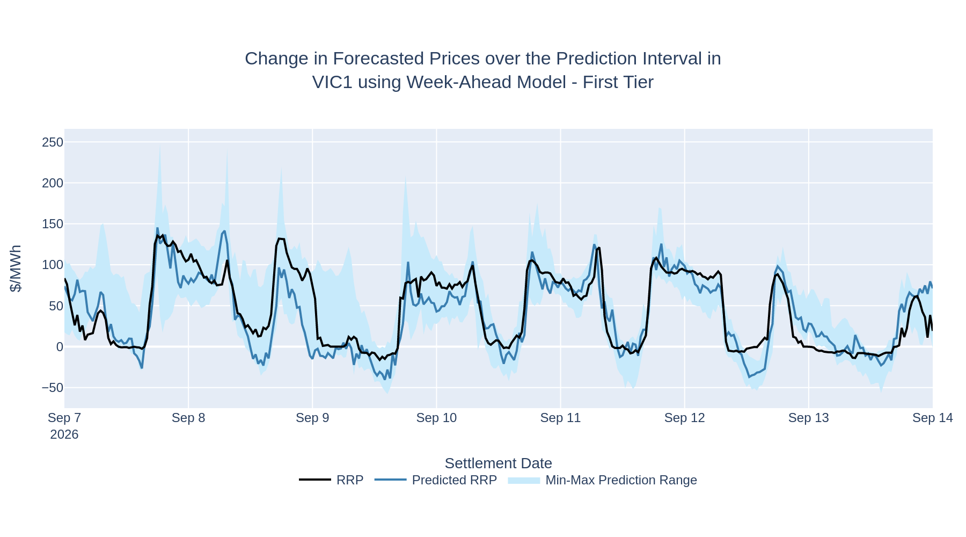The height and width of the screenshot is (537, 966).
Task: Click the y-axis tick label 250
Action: pyautogui.click(x=53, y=142)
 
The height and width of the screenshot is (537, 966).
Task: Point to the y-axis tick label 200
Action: pyautogui.click(x=53, y=183)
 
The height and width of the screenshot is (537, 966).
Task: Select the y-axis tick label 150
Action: pyautogui.click(x=53, y=224)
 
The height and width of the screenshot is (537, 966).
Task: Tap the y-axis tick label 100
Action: pyautogui.click(x=53, y=265)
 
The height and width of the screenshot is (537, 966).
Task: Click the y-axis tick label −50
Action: pyautogui.click(x=53, y=388)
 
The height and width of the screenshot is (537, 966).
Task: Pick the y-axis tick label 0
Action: pyautogui.click(x=60, y=347)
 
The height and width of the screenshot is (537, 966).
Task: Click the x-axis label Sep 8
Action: pyautogui.click(x=188, y=418)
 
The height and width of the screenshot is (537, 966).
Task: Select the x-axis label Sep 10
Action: pyautogui.click(x=436, y=418)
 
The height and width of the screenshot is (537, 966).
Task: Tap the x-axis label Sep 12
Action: pyautogui.click(x=684, y=418)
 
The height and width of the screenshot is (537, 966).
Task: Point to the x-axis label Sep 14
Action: pyautogui.click(x=933, y=418)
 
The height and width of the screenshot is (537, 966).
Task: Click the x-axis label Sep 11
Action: pyautogui.click(x=560, y=418)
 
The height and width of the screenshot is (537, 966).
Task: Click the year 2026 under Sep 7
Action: pyautogui.click(x=64, y=434)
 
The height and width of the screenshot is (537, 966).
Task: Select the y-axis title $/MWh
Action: pyautogui.click(x=16, y=268)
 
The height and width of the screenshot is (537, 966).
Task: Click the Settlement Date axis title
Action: pyautogui.click(x=498, y=463)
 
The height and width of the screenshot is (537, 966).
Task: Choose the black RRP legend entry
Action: pyautogui.click(x=331, y=480)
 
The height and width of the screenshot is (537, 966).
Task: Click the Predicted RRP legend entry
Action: pyautogui.click(x=436, y=480)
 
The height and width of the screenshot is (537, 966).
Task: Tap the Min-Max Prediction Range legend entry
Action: pyautogui.click(x=602, y=480)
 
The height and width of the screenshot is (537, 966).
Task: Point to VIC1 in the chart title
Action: pyautogui.click(x=333, y=82)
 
